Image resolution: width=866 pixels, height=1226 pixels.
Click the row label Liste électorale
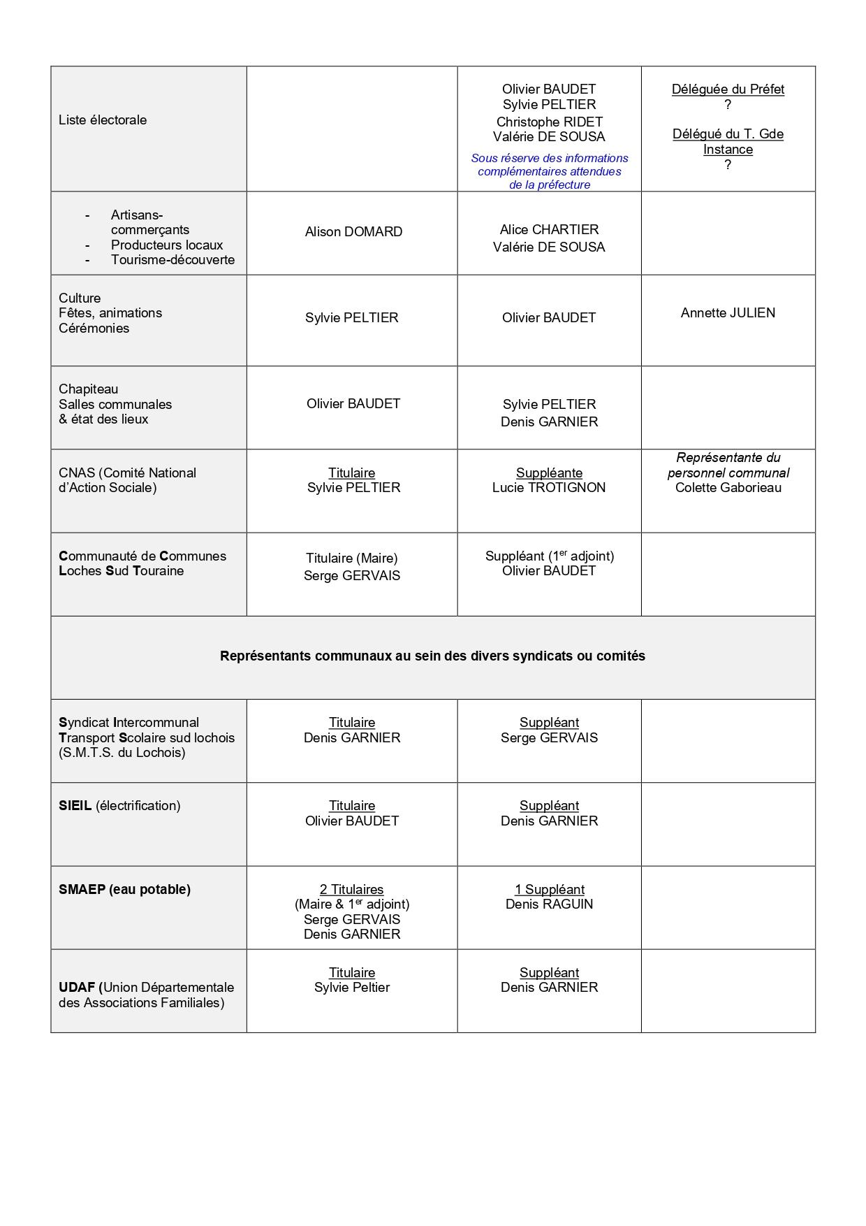pyautogui.click(x=103, y=120)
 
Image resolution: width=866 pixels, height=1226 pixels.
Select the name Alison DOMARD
pyautogui.click(x=353, y=232)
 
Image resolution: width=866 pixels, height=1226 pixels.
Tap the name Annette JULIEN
pyautogui.click(x=728, y=313)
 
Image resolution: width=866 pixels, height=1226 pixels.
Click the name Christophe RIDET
pyautogui.click(x=549, y=122)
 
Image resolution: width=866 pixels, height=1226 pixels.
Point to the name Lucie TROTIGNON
pyautogui.click(x=549, y=488)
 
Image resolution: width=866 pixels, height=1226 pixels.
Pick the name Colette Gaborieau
pyautogui.click(x=728, y=488)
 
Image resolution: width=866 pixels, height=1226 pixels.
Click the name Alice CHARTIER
pyautogui.click(x=549, y=230)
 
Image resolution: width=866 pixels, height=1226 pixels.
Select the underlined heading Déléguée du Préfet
pyautogui.click(x=728, y=89)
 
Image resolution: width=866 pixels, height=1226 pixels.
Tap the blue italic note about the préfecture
pyautogui.click(x=549, y=172)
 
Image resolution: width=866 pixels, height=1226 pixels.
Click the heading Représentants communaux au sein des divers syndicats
pyautogui.click(x=432, y=656)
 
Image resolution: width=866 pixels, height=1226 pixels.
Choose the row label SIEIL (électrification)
pyautogui.click(x=119, y=806)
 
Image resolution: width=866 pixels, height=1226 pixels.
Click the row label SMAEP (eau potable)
pyautogui.click(x=124, y=890)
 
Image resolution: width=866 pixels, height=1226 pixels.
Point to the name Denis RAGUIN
pyautogui.click(x=549, y=904)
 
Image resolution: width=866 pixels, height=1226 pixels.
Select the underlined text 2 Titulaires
pyautogui.click(x=351, y=890)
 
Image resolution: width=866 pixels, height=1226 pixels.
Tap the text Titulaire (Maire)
pyautogui.click(x=351, y=558)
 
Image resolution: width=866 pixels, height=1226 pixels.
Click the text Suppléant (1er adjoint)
pyautogui.click(x=549, y=556)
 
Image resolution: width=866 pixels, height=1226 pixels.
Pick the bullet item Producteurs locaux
pyautogui.click(x=167, y=245)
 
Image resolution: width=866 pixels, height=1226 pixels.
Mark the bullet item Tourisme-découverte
pyautogui.click(x=173, y=260)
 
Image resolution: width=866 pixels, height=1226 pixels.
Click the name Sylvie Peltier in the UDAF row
pyautogui.click(x=351, y=988)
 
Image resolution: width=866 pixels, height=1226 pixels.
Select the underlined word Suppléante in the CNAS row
pyautogui.click(x=549, y=473)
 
